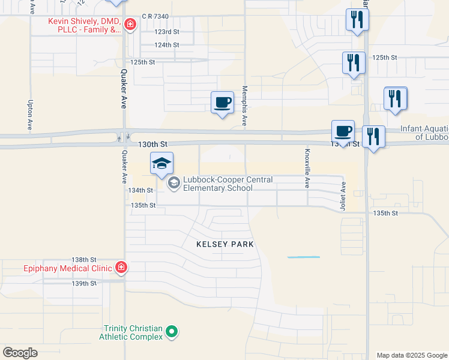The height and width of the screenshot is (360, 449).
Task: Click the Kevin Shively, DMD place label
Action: pyautogui.click(x=84, y=25)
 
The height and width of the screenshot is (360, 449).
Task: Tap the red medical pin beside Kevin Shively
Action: pyautogui.click(x=130, y=25)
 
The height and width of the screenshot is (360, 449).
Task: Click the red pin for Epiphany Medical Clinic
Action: pyautogui.click(x=121, y=267)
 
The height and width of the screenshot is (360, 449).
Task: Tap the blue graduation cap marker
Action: pyautogui.click(x=162, y=164)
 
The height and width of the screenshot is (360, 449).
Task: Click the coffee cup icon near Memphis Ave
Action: pyautogui.click(x=222, y=102)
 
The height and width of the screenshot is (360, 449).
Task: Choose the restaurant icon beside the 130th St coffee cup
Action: pyautogui.click(x=374, y=136)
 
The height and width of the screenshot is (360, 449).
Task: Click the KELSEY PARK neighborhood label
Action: pyautogui.click(x=225, y=244)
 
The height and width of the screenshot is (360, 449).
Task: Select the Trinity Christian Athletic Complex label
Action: pyautogui.click(x=133, y=332)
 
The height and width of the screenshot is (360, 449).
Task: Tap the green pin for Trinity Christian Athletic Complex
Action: pyautogui.click(x=172, y=331)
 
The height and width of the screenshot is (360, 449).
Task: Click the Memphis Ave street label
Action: pyautogui.click(x=244, y=105)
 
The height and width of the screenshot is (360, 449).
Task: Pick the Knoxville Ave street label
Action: pyautogui.click(x=307, y=169)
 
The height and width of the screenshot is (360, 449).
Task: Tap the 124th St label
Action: pyautogui.click(x=166, y=45)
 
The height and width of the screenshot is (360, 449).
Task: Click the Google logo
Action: pyautogui.click(x=20, y=353)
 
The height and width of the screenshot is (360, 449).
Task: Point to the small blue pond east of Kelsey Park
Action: pyautogui.click(x=303, y=257)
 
